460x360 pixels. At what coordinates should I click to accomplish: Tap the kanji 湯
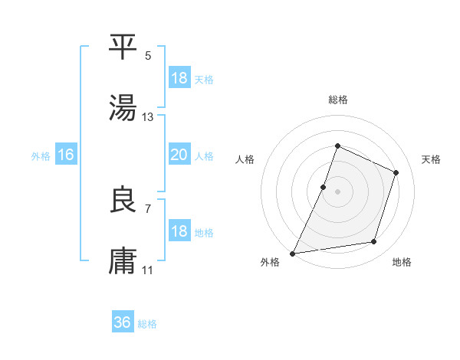[123, 107]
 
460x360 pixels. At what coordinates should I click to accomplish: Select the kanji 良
[123, 200]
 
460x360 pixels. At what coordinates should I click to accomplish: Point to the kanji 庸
[123, 261]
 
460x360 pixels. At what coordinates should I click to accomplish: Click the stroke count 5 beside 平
[148, 56]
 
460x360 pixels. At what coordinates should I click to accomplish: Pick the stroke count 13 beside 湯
[148, 117]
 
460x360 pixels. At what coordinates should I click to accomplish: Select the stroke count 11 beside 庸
[148, 270]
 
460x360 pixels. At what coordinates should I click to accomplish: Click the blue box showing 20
[179, 155]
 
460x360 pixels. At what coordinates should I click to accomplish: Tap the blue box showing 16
[66, 155]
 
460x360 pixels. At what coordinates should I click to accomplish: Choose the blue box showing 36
[123, 322]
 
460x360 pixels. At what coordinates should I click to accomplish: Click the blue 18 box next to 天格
[179, 78]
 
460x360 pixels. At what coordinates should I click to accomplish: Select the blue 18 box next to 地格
[179, 231]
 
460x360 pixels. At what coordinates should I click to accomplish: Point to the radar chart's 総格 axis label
[338, 100]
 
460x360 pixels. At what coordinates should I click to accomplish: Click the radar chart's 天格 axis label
[431, 159]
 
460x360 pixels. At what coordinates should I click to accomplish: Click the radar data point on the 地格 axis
[374, 242]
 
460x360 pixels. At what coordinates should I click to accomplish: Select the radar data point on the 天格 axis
[396, 172]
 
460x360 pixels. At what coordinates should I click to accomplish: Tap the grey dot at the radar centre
[337, 191]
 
